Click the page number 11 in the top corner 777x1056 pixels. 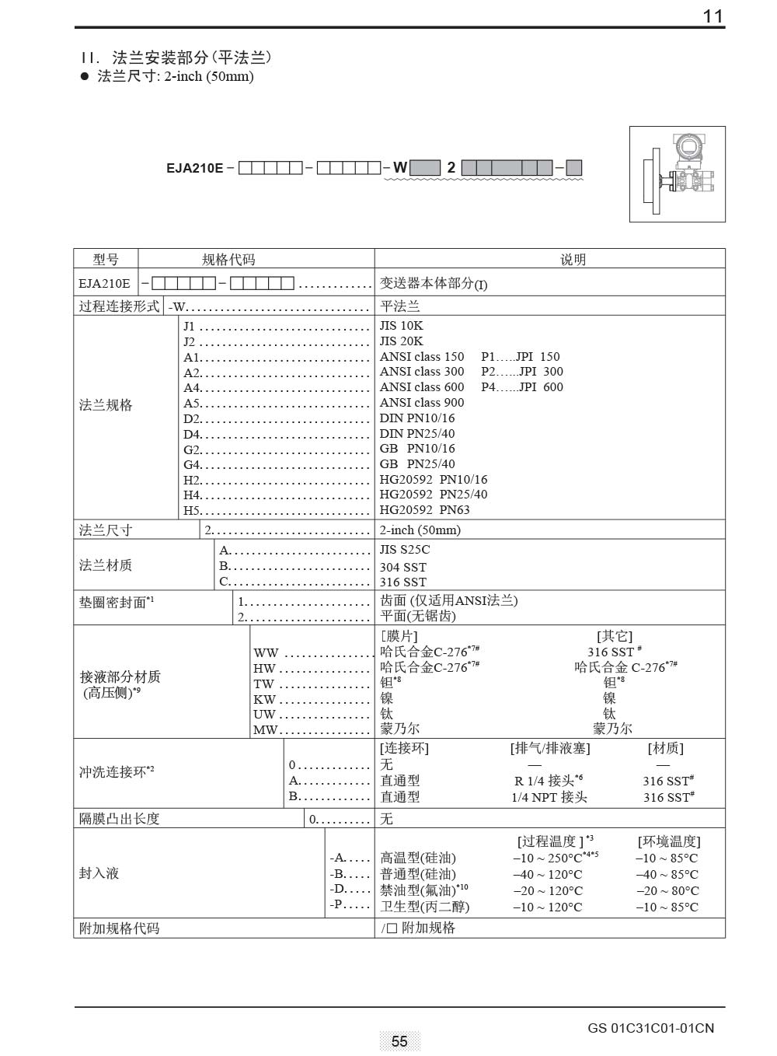(713, 16)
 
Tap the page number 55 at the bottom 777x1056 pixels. (399, 1041)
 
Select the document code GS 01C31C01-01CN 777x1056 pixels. (650, 1028)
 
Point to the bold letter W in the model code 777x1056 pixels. (399, 167)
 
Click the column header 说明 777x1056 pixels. (573, 260)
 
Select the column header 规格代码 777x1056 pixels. (228, 260)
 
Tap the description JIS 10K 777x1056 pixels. (401, 326)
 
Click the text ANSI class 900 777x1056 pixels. (421, 403)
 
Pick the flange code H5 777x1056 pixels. (192, 511)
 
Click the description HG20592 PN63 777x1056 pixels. (424, 510)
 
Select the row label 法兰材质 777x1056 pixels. (106, 565)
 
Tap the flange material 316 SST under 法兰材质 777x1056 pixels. (402, 582)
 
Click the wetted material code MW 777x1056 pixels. (264, 730)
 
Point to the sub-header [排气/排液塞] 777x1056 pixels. (550, 748)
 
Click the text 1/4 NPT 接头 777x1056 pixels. (549, 797)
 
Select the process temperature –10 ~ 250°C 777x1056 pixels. (548, 858)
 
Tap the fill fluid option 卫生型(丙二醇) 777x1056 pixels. (424, 907)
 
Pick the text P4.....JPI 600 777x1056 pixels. (522, 387)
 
